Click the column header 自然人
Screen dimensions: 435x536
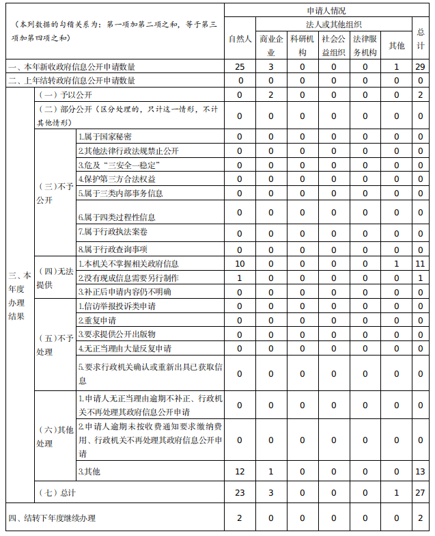(x=239, y=38)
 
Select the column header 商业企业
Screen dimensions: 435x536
(x=271, y=44)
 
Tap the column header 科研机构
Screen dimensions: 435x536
(x=302, y=44)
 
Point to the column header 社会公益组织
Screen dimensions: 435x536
(x=333, y=44)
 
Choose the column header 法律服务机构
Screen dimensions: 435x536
(x=365, y=44)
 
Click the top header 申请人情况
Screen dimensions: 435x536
(x=326, y=11)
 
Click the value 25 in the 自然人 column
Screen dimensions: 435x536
(x=239, y=66)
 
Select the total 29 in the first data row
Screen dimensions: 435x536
(x=420, y=66)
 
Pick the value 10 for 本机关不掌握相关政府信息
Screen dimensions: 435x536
(x=239, y=263)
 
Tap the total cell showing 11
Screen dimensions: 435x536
(x=420, y=263)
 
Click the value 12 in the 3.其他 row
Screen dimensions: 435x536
(x=239, y=472)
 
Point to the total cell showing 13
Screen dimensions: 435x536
(x=420, y=472)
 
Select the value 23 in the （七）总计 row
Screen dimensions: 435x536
(x=239, y=492)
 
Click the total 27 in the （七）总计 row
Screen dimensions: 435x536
(x=420, y=492)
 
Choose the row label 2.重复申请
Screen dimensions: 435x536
(x=97, y=320)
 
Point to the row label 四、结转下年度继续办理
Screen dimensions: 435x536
(x=52, y=518)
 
